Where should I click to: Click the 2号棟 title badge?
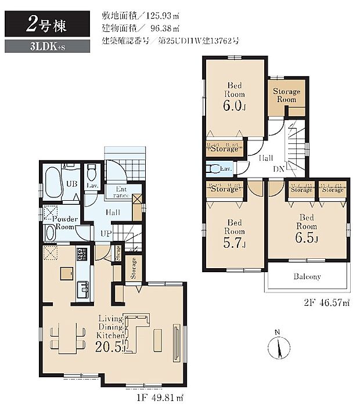coord(47,25)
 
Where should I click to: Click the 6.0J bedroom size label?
coord(235,106)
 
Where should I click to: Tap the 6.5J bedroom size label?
coord(307,236)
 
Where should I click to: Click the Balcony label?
coord(307,277)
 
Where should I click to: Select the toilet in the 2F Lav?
coord(214,169)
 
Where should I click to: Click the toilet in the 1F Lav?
coord(91,172)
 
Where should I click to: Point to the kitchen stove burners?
coord(81,254)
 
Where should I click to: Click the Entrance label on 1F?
coord(121,192)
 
